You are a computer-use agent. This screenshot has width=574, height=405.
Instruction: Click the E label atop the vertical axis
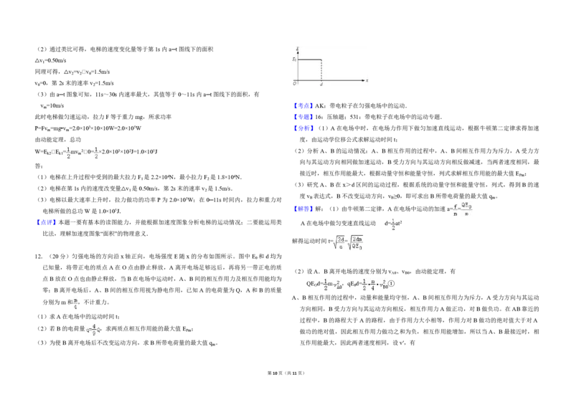click(x=297, y=49)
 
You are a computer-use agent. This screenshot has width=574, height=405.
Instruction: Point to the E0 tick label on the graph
click(x=294, y=59)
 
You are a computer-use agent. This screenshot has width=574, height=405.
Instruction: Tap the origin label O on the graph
click(x=294, y=83)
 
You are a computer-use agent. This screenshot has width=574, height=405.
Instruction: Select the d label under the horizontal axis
click(x=321, y=85)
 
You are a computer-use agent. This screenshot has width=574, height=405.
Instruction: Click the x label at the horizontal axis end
click(x=367, y=80)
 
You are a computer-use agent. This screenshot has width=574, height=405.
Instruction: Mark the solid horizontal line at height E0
click(x=309, y=59)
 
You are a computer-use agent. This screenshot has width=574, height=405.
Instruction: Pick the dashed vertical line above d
click(x=321, y=70)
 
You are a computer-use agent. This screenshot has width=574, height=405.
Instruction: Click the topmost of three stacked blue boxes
click(x=304, y=105)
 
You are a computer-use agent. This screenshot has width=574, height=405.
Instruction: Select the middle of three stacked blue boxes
click(x=304, y=116)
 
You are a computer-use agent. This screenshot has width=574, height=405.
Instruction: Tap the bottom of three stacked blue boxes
click(x=304, y=128)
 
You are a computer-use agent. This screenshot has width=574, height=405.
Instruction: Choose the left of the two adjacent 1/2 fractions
click(x=68, y=152)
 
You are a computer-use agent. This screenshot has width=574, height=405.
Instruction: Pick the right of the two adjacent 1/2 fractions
click(x=97, y=152)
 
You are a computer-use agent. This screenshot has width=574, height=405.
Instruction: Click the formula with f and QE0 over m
click(x=462, y=209)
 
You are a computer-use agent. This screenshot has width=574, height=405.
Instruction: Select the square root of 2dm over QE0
click(x=357, y=244)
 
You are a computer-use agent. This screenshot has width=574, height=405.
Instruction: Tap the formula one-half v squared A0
click(x=332, y=284)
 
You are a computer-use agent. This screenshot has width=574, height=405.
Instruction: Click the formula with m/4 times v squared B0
click(x=375, y=284)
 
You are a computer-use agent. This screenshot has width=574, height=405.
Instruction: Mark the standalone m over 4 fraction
click(x=75, y=302)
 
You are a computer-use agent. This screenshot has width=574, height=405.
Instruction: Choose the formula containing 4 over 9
click(x=92, y=329)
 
